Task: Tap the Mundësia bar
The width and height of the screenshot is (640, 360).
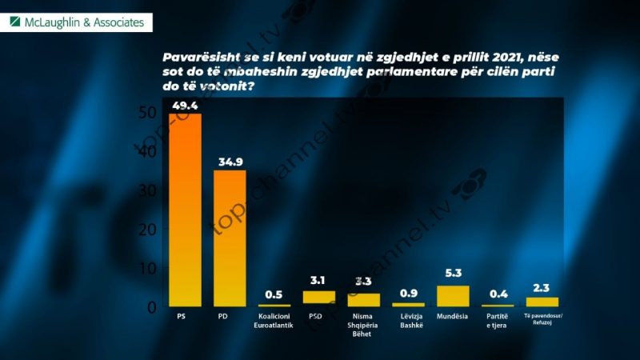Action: [452, 296]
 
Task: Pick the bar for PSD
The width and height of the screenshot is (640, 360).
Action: [318, 298]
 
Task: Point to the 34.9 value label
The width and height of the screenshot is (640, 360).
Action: [229, 162]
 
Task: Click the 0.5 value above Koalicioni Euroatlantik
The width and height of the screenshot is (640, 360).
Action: [274, 294]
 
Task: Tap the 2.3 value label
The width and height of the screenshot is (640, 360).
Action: [542, 289]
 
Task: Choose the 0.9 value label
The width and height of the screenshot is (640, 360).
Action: [408, 294]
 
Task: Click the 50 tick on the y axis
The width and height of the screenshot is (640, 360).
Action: [146, 113]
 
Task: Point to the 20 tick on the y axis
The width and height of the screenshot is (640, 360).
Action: [146, 230]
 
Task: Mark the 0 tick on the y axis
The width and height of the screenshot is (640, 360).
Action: [150, 307]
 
